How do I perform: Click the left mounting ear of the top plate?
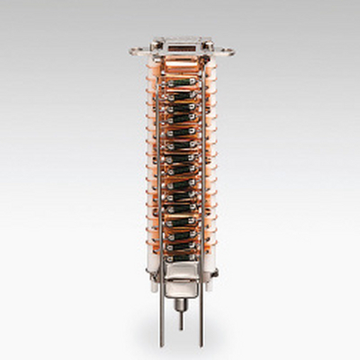coord(136,50)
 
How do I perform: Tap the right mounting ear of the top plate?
coord(225,50)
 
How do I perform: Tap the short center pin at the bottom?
coord(180,317)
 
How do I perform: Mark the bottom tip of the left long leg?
coord(161,345)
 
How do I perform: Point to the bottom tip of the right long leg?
coord(201,345)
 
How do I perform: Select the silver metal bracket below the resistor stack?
coord(180,270)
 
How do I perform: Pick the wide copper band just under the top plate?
coord(180,61)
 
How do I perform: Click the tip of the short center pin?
coord(180,328)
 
